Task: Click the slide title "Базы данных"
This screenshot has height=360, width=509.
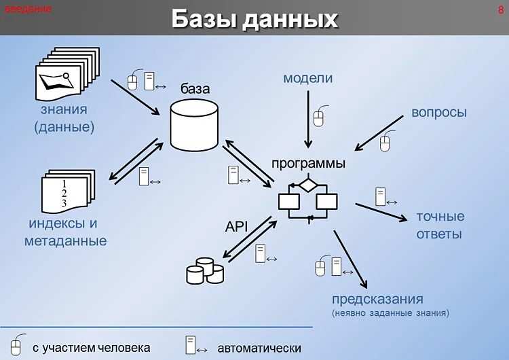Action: click(x=254, y=18)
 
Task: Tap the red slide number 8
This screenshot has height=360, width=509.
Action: click(x=500, y=10)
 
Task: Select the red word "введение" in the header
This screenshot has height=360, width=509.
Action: click(x=29, y=10)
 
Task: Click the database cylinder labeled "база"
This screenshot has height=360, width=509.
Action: click(x=194, y=125)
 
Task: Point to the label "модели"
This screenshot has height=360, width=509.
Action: click(x=308, y=78)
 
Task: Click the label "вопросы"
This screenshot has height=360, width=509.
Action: click(x=439, y=113)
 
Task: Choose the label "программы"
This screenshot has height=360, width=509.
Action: click(x=309, y=164)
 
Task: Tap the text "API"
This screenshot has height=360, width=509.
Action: click(x=237, y=227)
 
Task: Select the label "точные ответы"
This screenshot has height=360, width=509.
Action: click(x=440, y=225)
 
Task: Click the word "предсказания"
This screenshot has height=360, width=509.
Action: click(x=377, y=300)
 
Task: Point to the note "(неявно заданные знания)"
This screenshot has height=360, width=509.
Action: click(x=390, y=314)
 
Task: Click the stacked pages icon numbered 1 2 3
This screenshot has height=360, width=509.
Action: click(x=66, y=192)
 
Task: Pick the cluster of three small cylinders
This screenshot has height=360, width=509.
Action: click(x=205, y=270)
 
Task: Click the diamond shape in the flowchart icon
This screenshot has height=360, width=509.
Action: click(x=308, y=183)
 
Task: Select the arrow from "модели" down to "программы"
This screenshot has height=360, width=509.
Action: click(x=308, y=119)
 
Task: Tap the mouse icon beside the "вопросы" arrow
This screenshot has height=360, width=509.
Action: click(x=385, y=143)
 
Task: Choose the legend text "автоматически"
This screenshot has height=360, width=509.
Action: click(x=259, y=348)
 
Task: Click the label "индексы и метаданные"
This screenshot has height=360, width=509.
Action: click(x=65, y=232)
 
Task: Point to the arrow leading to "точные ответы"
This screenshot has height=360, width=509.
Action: click(x=385, y=213)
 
